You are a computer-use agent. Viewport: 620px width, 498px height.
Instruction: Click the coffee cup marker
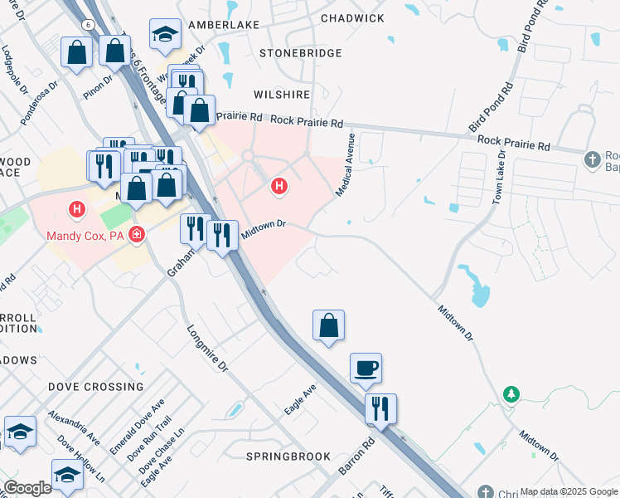click(x=366, y=368)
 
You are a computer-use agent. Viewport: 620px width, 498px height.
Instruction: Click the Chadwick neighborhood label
click(x=352, y=18)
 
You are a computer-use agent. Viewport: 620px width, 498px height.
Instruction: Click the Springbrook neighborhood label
click(x=288, y=456)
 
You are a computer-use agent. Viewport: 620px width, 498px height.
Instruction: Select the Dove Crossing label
click(x=95, y=387)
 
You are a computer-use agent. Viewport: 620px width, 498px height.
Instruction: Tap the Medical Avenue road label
click(x=346, y=164)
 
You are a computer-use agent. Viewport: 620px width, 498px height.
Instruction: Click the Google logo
click(x=27, y=488)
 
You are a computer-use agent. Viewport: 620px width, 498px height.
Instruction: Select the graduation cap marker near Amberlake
click(x=165, y=34)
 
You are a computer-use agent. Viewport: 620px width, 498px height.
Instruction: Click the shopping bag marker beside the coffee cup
click(x=329, y=325)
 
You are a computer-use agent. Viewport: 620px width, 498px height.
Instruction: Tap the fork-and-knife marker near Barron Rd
click(x=381, y=408)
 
